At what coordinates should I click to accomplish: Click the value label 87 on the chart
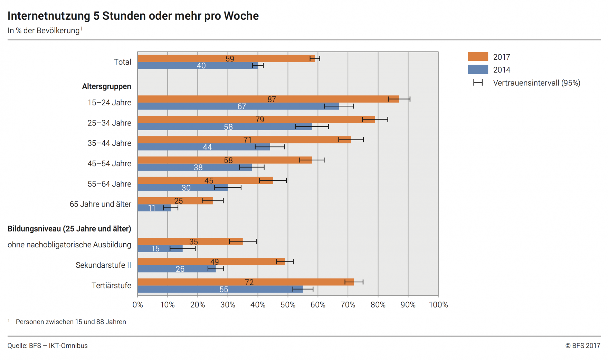pyautogui.click(x=272, y=100)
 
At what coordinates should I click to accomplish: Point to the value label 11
pyautogui.click(x=152, y=208)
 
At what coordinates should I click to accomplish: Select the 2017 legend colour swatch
pyautogui.click(x=478, y=57)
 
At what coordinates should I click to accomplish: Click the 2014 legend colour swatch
pyautogui.click(x=478, y=70)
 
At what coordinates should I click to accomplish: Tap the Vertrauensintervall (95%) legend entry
pyautogui.click(x=536, y=83)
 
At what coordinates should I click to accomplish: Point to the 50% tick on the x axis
pyautogui.click(x=288, y=305)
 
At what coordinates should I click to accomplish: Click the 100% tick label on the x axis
pyautogui.click(x=438, y=305)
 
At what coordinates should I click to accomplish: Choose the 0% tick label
pyautogui.click(x=137, y=305)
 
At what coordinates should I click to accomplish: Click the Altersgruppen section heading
pyautogui.click(x=106, y=86)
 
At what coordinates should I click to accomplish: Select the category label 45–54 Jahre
pyautogui.click(x=109, y=163)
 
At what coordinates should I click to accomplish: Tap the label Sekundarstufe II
pyautogui.click(x=103, y=265)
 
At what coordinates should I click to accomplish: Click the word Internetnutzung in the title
pyautogui.click(x=49, y=16)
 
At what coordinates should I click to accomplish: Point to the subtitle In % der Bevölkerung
pyautogui.click(x=44, y=31)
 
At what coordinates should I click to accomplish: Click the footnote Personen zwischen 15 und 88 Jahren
pyautogui.click(x=71, y=322)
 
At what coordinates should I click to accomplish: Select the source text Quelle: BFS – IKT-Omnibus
pyautogui.click(x=48, y=345)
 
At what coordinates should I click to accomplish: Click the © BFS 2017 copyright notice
pyautogui.click(x=582, y=345)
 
